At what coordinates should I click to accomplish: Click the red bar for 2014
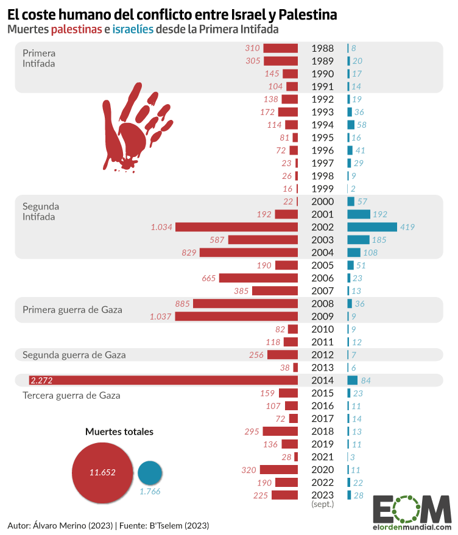[x=163, y=380]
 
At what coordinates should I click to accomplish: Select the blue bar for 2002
[x=372, y=227]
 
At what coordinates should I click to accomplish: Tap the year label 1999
[x=322, y=189]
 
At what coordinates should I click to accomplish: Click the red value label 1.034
[x=161, y=227]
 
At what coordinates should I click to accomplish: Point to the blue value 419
[x=407, y=227]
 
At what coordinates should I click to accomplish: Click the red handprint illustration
[x=130, y=126]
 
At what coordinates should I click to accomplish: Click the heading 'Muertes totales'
[x=119, y=432]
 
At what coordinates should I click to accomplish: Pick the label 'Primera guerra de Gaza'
[x=72, y=310]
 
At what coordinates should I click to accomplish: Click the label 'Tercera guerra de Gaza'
[x=71, y=395]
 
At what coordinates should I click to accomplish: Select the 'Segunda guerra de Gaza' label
[x=74, y=355]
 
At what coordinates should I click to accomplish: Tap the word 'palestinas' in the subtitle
[x=76, y=29]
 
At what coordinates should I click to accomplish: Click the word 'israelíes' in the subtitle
[x=133, y=29]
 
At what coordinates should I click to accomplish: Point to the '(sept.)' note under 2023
[x=322, y=505]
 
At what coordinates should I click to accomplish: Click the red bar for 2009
[x=236, y=316]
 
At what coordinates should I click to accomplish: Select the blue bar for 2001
[x=359, y=214]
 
